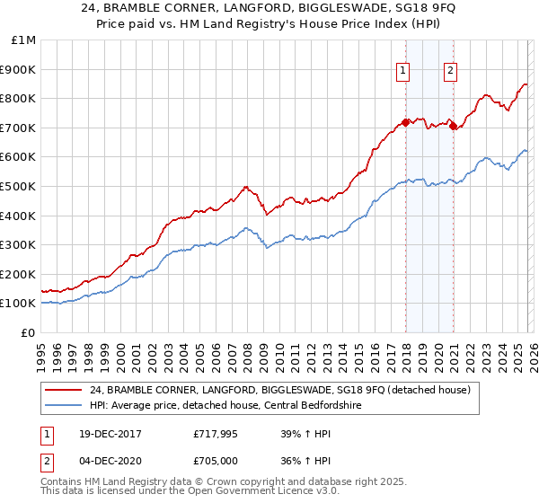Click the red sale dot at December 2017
click(406, 122)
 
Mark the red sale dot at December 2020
click(453, 126)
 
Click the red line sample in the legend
click(65, 390)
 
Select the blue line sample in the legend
click(65, 405)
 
